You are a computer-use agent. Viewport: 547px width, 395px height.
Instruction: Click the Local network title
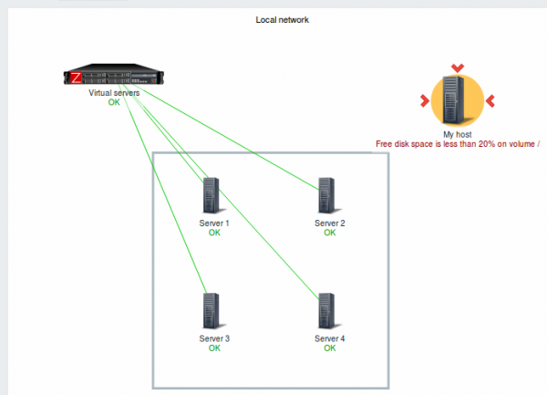(x=283, y=19)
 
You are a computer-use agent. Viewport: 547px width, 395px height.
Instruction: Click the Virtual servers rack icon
(x=114, y=78)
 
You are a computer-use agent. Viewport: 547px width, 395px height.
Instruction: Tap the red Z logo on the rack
(x=76, y=78)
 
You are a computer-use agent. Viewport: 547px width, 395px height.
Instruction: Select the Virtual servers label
(x=114, y=93)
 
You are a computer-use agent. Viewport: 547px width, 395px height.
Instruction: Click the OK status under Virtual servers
(x=114, y=102)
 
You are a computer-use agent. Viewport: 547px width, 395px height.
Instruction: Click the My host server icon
(x=457, y=99)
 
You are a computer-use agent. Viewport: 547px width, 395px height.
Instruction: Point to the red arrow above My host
(x=457, y=67)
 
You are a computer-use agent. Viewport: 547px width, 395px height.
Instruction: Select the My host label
(x=457, y=134)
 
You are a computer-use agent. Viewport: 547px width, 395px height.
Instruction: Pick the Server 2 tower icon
(x=329, y=195)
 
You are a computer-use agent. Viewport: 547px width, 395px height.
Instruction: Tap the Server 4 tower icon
(x=329, y=310)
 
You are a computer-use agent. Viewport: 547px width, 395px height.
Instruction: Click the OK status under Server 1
(x=214, y=233)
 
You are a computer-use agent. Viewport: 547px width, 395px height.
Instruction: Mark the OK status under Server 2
(x=330, y=233)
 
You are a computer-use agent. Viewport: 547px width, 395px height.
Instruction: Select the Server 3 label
(x=214, y=338)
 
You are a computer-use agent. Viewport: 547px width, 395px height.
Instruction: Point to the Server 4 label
(x=330, y=338)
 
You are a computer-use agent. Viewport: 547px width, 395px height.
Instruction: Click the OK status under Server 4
(x=330, y=348)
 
